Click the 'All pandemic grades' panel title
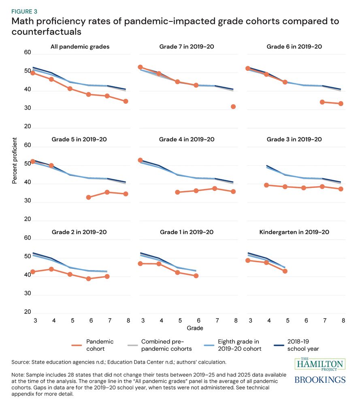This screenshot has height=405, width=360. tap(80, 47)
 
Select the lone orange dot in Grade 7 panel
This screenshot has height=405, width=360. tap(233, 107)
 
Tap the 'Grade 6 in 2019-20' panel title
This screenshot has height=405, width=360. tap(294, 47)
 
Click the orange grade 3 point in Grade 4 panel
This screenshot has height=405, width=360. tap(141, 160)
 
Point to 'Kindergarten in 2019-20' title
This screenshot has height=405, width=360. tap(294, 232)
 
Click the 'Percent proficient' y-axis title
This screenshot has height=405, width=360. tap(15, 161)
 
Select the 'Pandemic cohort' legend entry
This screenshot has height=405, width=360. tap(100, 345)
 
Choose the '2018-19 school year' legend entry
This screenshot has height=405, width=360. tap(304, 345)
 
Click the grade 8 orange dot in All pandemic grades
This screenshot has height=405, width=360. tap(126, 101)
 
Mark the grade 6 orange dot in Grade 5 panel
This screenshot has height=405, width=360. tap(89, 197)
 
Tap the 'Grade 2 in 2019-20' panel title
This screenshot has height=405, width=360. tap(79, 232)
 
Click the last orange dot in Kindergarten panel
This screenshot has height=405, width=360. tap(285, 271)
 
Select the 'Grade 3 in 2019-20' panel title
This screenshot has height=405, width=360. tap(294, 139)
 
